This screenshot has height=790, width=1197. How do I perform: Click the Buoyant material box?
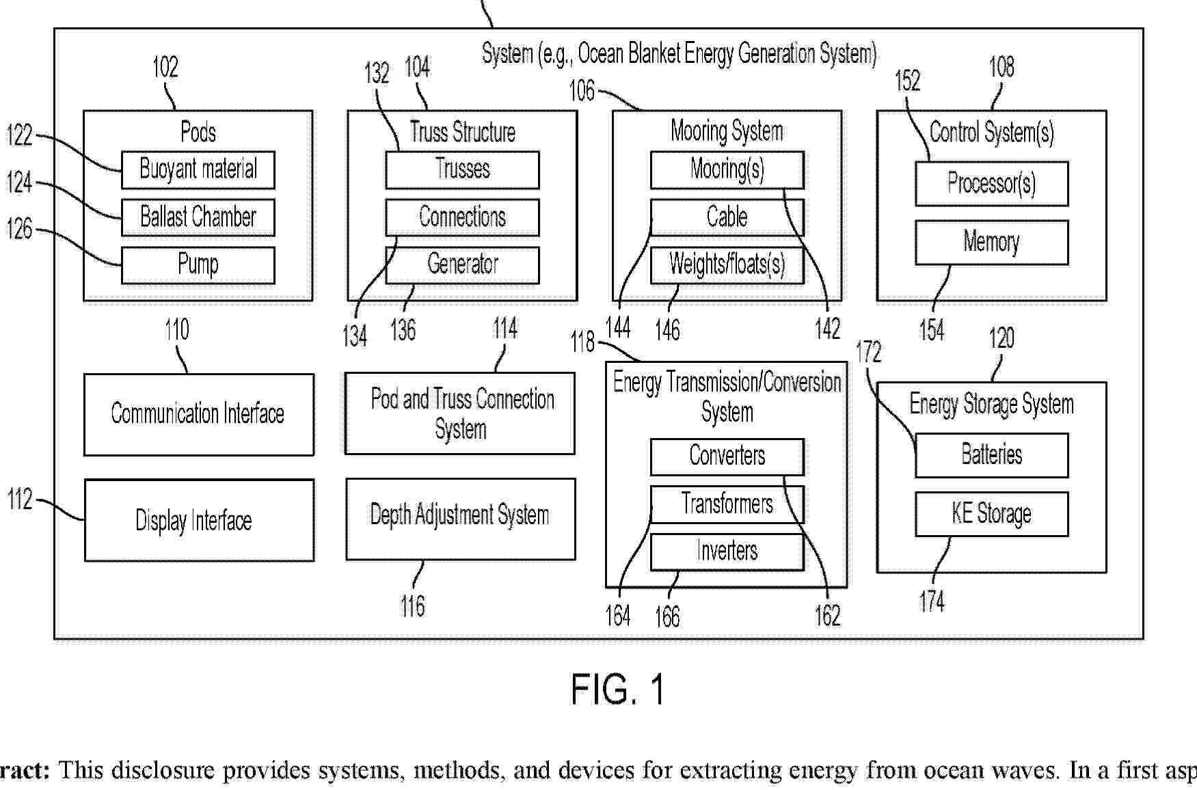coord(198,169)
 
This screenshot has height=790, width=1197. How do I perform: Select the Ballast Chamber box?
coord(198,217)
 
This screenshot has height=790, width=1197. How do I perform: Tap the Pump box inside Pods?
coord(198,265)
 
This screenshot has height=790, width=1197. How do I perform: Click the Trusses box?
coord(462,169)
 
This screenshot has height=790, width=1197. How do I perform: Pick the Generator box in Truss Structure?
coord(462,265)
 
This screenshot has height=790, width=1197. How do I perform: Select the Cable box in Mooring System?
coord(727,217)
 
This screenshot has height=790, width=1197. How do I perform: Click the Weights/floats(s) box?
coord(727,265)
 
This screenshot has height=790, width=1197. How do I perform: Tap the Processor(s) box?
coord(992,183)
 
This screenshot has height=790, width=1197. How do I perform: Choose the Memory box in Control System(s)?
coord(992,242)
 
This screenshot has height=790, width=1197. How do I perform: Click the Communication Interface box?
coord(199,414)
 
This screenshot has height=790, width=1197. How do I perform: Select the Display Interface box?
coord(199,520)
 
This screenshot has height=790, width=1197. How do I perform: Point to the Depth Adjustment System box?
coord(461,519)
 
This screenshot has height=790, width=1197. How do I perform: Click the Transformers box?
coord(727,504)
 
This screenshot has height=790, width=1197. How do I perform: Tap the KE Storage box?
coord(992,514)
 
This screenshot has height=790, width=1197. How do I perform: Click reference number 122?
coord(20,135)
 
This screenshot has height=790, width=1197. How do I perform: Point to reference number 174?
coord(932,601)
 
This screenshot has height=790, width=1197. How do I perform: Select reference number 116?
coord(412,605)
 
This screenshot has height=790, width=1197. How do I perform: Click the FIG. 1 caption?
coord(618,689)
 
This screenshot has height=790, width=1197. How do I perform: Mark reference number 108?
coord(1001,67)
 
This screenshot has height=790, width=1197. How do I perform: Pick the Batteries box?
coord(992,455)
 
